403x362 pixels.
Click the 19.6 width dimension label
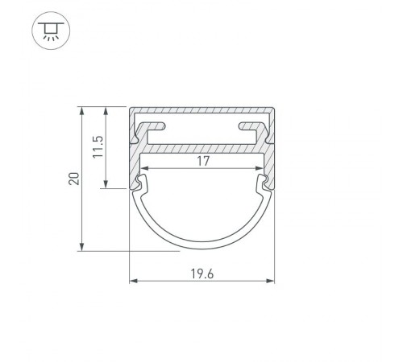(202, 274)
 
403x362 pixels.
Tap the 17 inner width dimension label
(203, 161)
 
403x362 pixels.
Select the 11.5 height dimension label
(98, 147)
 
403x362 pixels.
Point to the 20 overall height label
(74, 179)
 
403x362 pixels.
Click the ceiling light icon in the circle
(51, 31)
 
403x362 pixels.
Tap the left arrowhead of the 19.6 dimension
(134, 281)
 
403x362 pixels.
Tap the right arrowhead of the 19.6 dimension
(270, 281)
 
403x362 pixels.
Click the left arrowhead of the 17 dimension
(144, 168)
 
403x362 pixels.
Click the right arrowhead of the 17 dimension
(260, 168)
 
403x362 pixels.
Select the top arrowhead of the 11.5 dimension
(106, 111)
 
